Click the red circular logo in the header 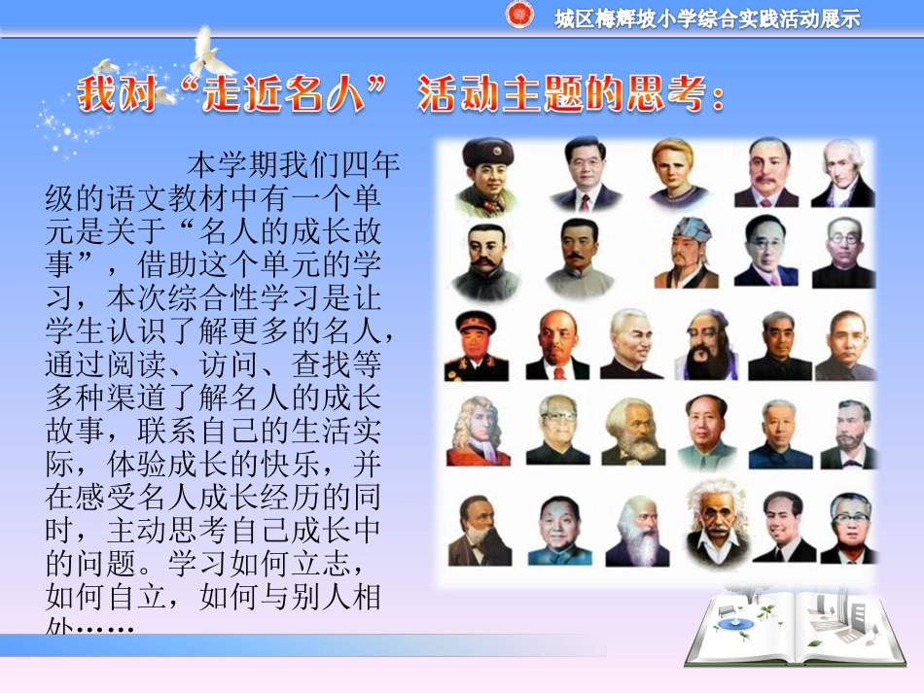click(x=520, y=16)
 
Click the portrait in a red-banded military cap click(x=477, y=345)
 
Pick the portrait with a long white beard click(x=637, y=530)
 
